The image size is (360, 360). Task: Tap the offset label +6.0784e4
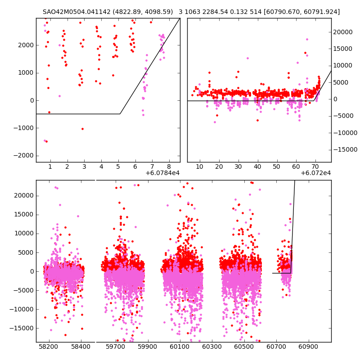pos(162,173)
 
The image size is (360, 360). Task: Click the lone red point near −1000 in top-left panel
pos(82,129)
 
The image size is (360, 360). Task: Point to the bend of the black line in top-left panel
pos(120,114)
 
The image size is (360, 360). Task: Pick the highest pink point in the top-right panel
pos(307,39)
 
